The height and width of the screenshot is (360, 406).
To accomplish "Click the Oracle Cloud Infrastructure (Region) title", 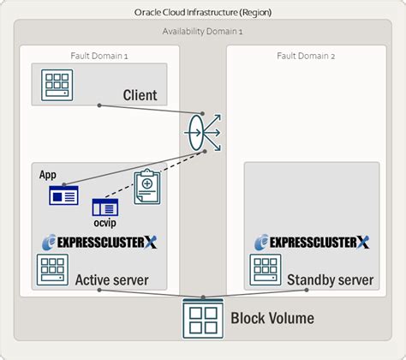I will tap(203, 13).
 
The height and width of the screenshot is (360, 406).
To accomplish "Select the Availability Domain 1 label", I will tap(203, 31).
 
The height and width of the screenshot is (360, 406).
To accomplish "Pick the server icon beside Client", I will tap(57, 83).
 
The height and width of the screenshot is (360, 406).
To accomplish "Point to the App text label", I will tap(48, 175).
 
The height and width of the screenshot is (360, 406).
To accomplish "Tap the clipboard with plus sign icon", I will tap(149, 187).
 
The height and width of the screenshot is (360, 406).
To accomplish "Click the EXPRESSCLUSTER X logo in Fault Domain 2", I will tap(312, 243).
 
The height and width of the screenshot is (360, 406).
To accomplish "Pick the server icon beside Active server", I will tap(52, 270).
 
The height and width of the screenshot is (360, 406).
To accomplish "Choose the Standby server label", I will tap(331, 280).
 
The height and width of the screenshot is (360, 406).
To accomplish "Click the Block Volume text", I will tap(272, 319).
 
